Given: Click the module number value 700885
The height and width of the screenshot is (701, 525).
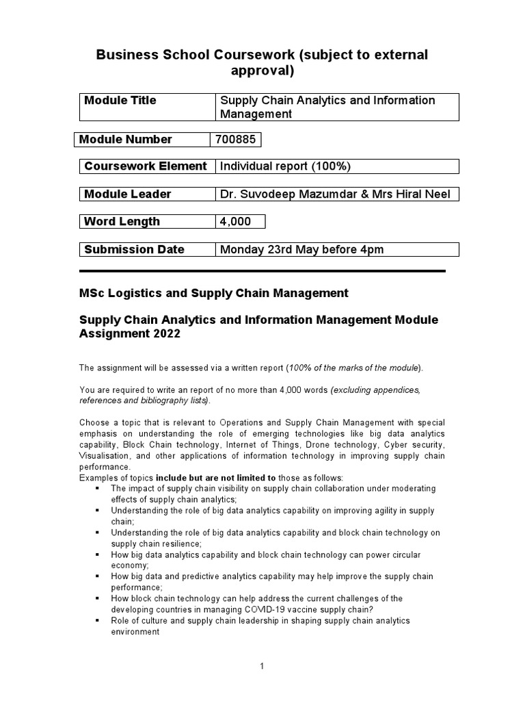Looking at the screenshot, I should [x=235, y=140].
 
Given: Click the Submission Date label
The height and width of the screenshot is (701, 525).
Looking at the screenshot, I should [x=134, y=250].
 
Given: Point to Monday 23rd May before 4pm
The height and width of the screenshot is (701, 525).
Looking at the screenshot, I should [x=301, y=250].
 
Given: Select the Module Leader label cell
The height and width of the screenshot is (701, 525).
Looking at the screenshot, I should [x=127, y=194].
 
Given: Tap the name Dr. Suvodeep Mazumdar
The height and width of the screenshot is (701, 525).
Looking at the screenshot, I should [x=279, y=194].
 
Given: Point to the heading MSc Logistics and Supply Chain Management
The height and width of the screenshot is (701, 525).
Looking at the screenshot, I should [x=214, y=293].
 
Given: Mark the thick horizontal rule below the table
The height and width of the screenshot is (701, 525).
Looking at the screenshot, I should [x=262, y=271].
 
